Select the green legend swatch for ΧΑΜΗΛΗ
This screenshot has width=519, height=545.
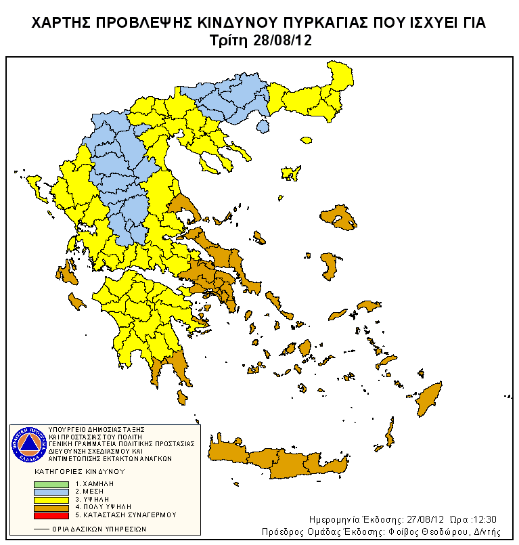[x=51, y=484]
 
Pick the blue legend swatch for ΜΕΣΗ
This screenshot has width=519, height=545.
[x=51, y=492]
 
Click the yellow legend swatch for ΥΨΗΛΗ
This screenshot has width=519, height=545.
[x=51, y=499]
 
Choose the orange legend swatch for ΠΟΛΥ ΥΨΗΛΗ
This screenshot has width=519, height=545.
[x=51, y=506]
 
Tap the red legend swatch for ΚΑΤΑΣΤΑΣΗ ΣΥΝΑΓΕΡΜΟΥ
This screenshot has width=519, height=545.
[x=51, y=514]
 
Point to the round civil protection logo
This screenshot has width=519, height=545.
[x=28, y=443]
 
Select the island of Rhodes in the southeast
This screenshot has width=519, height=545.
[x=428, y=399]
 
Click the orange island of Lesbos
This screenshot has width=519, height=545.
[x=342, y=217]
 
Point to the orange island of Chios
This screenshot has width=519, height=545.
[x=329, y=266]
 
